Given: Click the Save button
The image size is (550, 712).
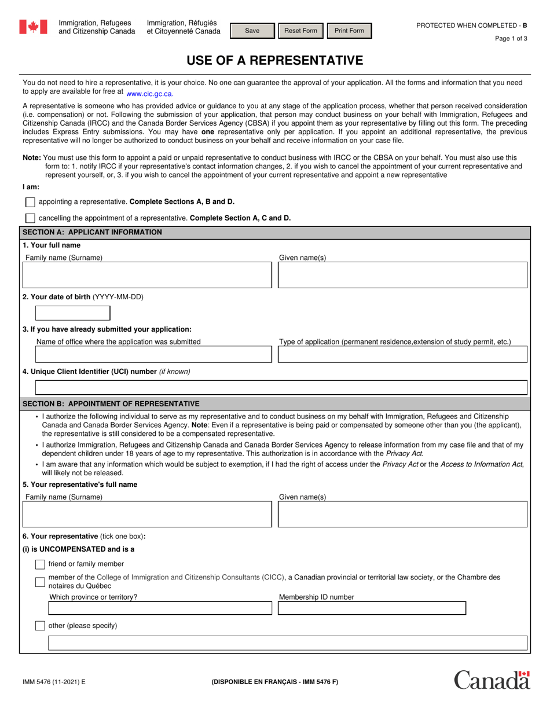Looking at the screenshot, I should pyautogui.click(x=252, y=31).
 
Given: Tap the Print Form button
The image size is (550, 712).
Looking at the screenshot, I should pyautogui.click(x=349, y=31).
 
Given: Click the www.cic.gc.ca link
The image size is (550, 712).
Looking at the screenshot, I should pyautogui.click(x=149, y=93).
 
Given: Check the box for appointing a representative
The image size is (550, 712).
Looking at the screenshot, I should pyautogui.click(x=30, y=202).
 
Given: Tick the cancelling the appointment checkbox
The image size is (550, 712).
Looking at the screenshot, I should pyautogui.click(x=30, y=218).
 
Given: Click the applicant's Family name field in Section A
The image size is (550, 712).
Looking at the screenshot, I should pyautogui.click(x=147, y=275).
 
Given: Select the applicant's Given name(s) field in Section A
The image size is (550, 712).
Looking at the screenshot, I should pyautogui.click(x=402, y=275).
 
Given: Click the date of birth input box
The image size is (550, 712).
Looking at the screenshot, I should pyautogui.click(x=73, y=313).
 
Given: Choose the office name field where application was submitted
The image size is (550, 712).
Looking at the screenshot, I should pyautogui.click(x=153, y=354).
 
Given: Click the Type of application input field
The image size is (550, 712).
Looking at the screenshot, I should pyautogui.click(x=402, y=354).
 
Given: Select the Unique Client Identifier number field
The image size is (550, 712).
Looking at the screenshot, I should pyautogui.click(x=281, y=387).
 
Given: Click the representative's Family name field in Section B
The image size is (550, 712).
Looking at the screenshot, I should pyautogui.click(x=147, y=514).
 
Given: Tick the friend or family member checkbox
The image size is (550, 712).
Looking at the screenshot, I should pyautogui.click(x=40, y=564).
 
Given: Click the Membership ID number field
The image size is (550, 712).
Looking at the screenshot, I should pyautogui.click(x=372, y=608).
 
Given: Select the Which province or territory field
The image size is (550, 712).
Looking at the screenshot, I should pyautogui.click(x=159, y=608).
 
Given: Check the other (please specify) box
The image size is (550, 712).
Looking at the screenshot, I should pyautogui.click(x=40, y=625).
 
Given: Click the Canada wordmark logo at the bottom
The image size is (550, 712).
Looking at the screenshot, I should pyautogui.click(x=492, y=680).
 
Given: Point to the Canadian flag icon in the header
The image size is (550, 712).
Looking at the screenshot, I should pyautogui.click(x=33, y=27).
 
